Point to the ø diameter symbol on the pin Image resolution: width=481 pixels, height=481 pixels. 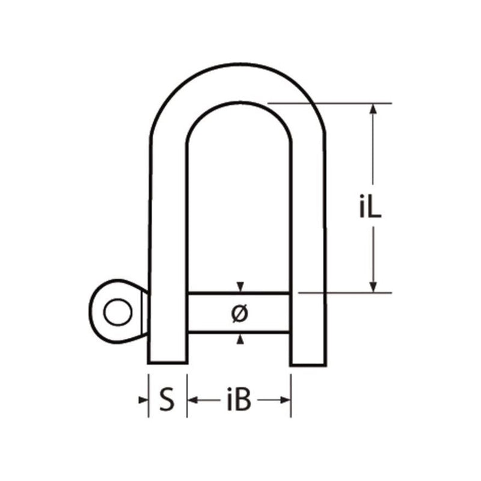pyautogui.click(x=239, y=313)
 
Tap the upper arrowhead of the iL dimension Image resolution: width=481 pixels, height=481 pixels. pyautogui.click(x=373, y=109)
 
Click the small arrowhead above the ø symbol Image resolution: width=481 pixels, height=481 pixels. pyautogui.click(x=240, y=286)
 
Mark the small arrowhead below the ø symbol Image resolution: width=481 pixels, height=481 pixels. pyautogui.click(x=240, y=340)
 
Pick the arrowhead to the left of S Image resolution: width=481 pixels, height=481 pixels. pyautogui.click(x=144, y=399)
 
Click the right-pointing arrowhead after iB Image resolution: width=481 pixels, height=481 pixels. pyautogui.click(x=286, y=399)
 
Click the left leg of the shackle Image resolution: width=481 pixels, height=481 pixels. pyautogui.click(x=167, y=240)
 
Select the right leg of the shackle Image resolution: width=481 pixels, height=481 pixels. pyautogui.click(x=308, y=240)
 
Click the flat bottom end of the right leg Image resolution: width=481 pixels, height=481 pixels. pyautogui.click(x=308, y=364)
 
